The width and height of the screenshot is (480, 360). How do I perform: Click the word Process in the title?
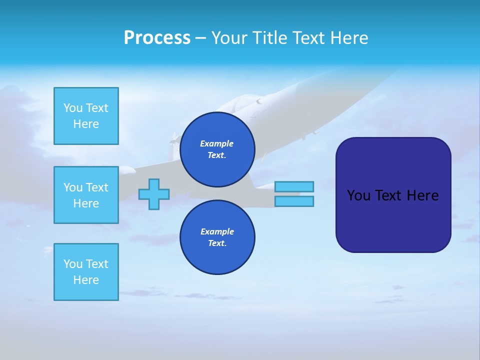[157, 38]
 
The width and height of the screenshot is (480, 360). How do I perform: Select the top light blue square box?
[86, 116]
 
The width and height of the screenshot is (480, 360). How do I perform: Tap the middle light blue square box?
[86, 195]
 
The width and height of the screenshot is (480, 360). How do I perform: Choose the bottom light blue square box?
[86, 272]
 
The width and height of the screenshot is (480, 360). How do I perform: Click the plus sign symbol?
[154, 194]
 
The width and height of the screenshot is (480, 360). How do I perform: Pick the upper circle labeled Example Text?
[217, 149]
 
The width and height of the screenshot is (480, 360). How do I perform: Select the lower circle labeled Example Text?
[217, 237]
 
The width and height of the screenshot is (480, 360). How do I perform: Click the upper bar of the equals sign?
[294, 186]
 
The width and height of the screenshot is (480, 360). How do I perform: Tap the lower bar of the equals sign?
[294, 201]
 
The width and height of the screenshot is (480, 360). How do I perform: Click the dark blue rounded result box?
[393, 220]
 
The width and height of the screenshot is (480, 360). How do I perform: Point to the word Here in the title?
[350, 38]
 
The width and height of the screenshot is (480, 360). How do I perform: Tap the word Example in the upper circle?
[217, 143]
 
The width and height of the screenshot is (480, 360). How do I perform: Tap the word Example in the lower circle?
[217, 231]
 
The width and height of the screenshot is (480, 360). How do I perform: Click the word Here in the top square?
[86, 124]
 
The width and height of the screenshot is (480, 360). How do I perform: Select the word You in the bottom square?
[73, 264]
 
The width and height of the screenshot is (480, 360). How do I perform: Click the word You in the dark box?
[358, 195]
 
